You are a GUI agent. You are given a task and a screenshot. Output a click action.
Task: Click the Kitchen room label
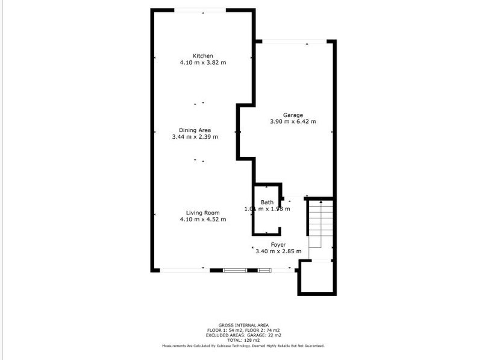pyautogui.click(x=202, y=55)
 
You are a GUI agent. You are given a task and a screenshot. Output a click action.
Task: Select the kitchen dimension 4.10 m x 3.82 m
pyautogui.click(x=202, y=62)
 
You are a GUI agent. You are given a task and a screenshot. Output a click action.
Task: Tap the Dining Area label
pyautogui.click(x=195, y=130)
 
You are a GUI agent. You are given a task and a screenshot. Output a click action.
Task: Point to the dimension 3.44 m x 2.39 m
pyautogui.click(x=195, y=137)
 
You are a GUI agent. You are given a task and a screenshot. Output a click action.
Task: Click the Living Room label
pyautogui.click(x=202, y=212)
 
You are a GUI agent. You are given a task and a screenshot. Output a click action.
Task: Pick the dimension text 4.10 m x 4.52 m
pyautogui.click(x=202, y=219)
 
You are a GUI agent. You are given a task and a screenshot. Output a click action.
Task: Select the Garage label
pyautogui.click(x=293, y=115)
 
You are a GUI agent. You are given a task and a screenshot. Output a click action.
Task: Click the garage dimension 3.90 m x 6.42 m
pyautogui.click(x=293, y=122)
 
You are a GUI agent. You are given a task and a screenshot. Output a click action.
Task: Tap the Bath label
pyautogui.click(x=267, y=202)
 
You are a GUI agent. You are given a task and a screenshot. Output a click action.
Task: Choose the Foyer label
pyautogui.click(x=278, y=244)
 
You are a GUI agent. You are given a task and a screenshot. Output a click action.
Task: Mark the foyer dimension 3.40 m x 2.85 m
pyautogui.click(x=278, y=251)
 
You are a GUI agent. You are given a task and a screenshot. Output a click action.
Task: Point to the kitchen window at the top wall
pyautogui.click(x=201, y=10)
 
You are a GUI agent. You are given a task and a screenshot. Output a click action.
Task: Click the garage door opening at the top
pyautogui.click(x=295, y=42)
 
